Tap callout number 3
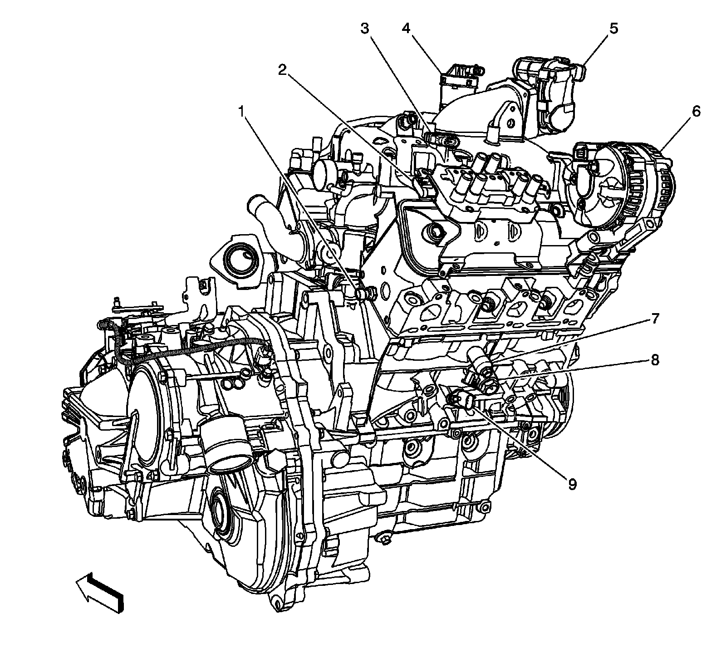364,29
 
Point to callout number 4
406,29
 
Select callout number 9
572,484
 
